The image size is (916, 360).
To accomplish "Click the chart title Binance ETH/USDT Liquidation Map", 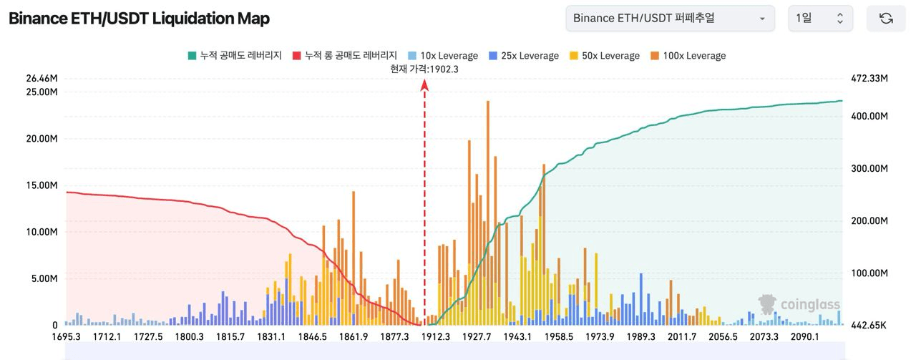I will tap(139, 19).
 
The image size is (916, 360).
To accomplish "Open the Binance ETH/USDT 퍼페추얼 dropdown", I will tap(669, 19).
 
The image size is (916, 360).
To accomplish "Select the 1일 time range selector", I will tap(820, 19).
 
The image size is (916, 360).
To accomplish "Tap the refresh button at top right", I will tap(886, 19).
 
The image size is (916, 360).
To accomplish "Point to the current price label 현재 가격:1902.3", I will tap(424, 69).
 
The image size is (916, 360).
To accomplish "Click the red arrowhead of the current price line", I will tap(424, 85).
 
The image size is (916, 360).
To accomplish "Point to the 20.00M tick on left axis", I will tap(42, 139).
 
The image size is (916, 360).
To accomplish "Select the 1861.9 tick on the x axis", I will tap(354, 337).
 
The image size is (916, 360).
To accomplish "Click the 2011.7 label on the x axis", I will tap(682, 337).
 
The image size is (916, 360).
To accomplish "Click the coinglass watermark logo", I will tap(799, 305).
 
